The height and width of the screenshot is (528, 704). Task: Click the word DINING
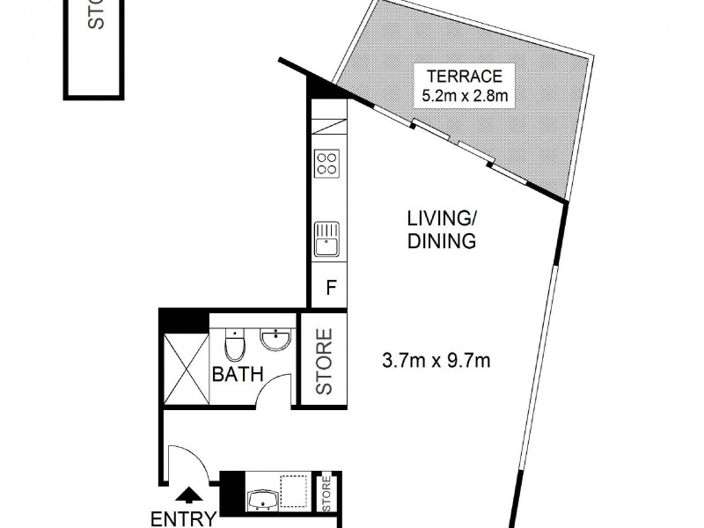point(442,241)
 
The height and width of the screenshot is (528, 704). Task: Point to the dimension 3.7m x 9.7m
point(436,360)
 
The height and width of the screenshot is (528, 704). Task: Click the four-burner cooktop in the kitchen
point(328,163)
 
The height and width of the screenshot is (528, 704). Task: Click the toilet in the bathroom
point(234,345)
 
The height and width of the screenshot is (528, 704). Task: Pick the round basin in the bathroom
point(277,340)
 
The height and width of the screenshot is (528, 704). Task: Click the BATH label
point(238,374)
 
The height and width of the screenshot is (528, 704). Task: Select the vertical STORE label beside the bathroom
point(325,360)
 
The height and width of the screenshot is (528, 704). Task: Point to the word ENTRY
point(183,518)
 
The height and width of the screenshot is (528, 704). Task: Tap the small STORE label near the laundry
point(326,495)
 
